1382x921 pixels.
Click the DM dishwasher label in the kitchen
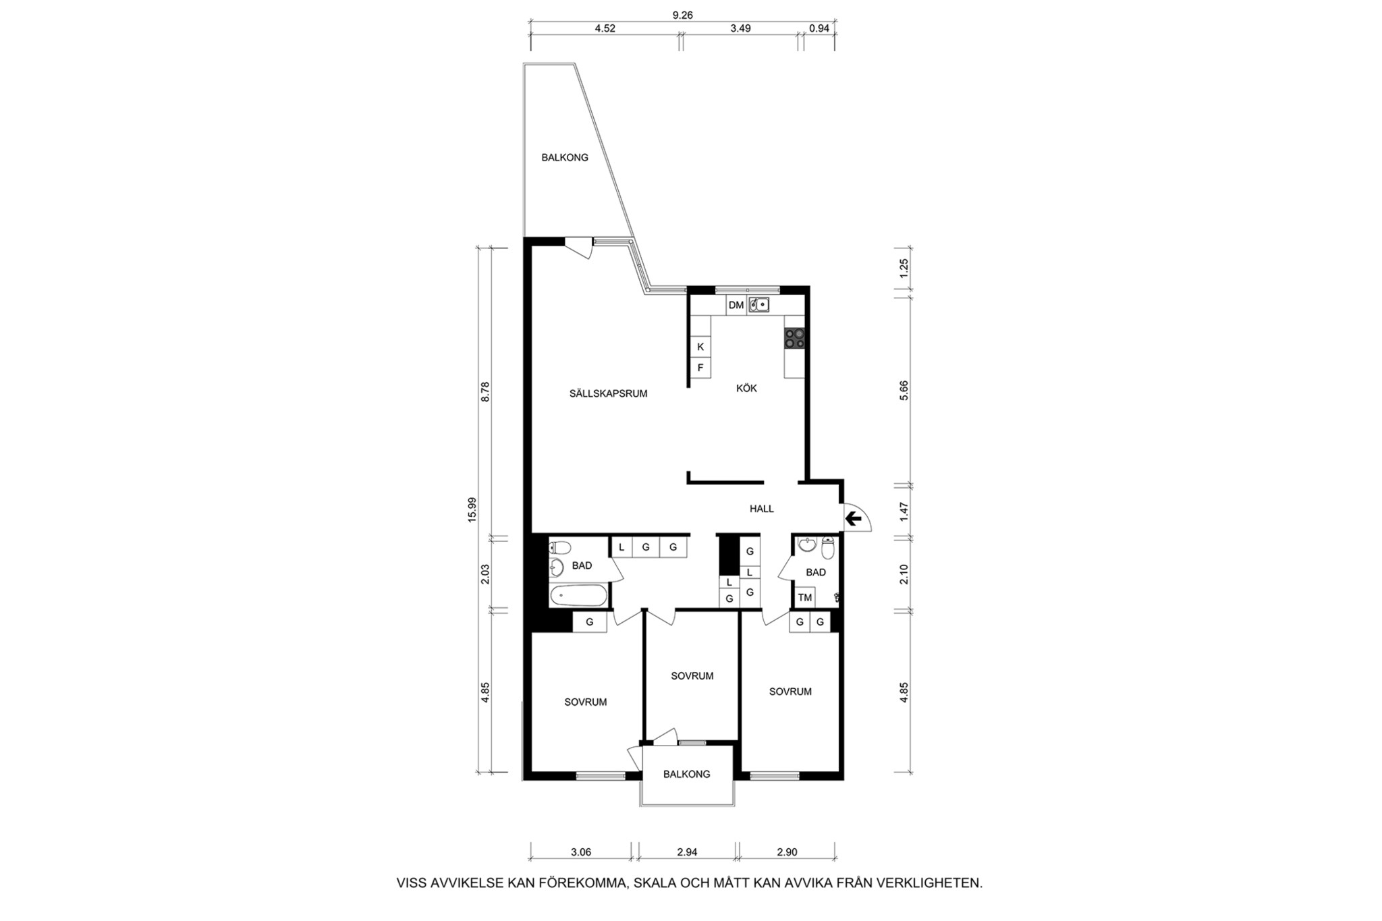736,306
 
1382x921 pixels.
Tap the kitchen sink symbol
759,305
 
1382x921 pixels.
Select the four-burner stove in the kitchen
795,338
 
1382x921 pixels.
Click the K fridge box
700,347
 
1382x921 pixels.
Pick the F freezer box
700,368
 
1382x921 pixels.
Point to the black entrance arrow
854,518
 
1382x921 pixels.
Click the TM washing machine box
805,597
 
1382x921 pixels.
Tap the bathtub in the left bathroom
578,596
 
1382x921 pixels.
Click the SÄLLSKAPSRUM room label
608,393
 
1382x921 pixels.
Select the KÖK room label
746,388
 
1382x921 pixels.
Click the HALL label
762,509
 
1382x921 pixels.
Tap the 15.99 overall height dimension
472,509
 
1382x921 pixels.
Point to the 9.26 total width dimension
683,15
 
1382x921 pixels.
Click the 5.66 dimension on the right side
904,391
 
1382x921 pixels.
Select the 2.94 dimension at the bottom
687,852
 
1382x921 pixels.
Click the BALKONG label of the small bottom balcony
687,774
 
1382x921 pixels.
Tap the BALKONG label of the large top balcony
565,157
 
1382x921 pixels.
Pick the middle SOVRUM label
692,675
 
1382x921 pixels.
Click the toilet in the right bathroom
828,548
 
